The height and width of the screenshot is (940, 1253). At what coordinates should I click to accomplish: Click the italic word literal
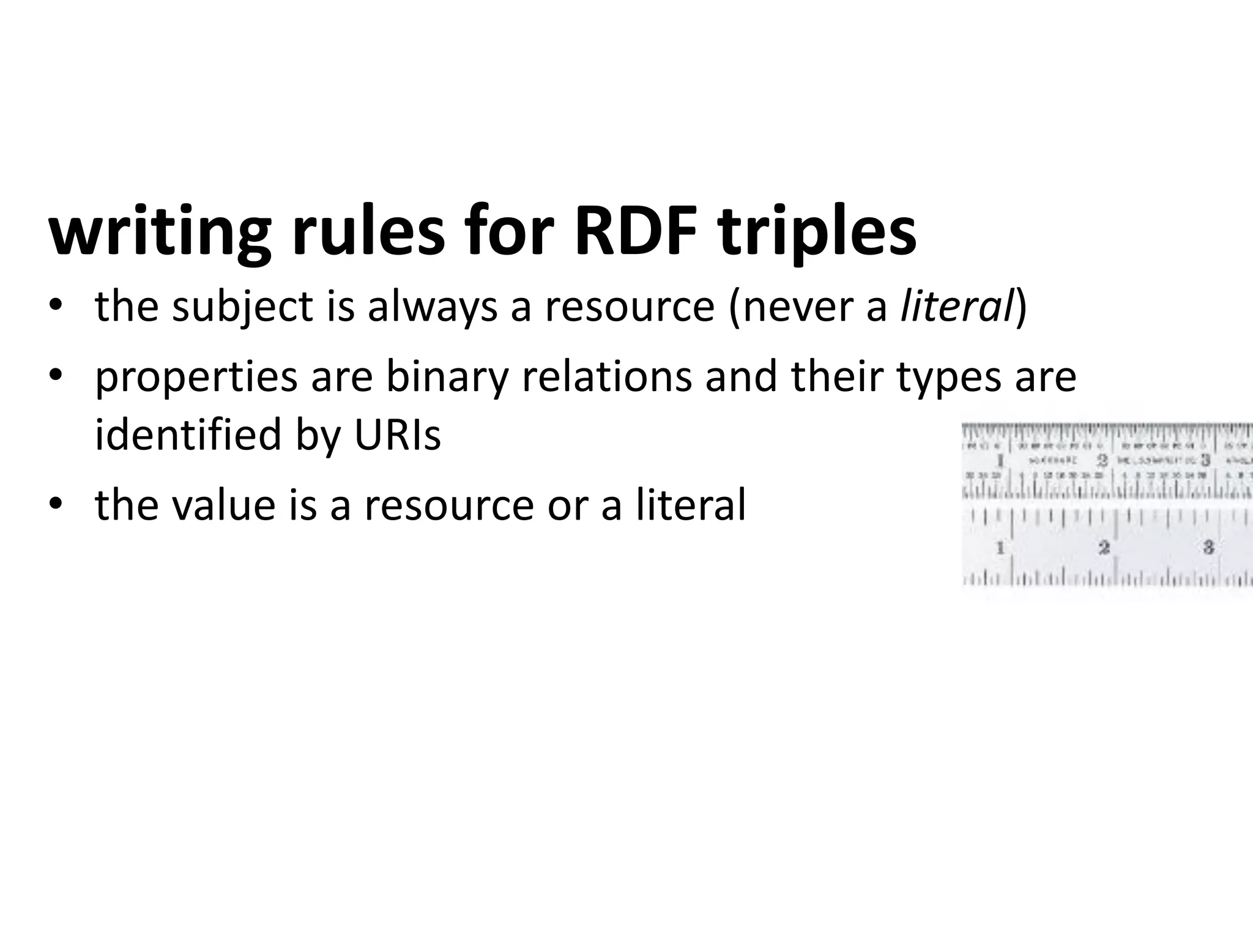point(957,307)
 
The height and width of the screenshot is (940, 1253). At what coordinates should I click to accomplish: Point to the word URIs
point(397,435)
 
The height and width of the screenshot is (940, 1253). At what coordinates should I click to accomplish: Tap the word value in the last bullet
point(222,505)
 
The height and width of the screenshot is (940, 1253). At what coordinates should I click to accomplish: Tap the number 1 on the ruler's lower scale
point(1000,547)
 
